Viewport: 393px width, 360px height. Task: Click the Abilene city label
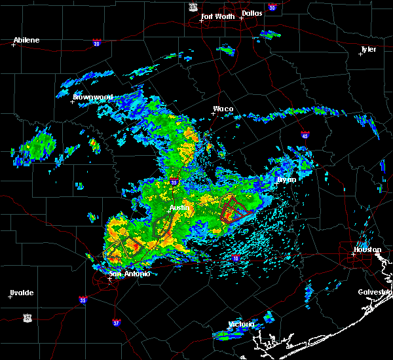click(26, 40)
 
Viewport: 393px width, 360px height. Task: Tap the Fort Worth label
click(216, 16)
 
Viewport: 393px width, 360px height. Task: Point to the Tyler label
click(369, 49)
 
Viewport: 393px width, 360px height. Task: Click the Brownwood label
click(93, 97)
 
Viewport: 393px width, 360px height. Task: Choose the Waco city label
click(223, 109)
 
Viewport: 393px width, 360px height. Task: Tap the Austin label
click(179, 207)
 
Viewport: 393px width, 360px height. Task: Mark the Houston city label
click(367, 249)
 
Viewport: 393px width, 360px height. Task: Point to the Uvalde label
click(22, 292)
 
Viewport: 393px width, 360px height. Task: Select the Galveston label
click(374, 292)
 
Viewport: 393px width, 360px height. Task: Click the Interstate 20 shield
click(96, 43)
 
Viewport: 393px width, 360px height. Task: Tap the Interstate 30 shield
click(272, 7)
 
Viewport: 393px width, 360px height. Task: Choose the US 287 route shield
click(193, 6)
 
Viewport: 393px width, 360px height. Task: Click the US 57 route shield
click(27, 317)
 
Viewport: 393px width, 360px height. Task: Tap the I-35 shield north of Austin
click(174, 182)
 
